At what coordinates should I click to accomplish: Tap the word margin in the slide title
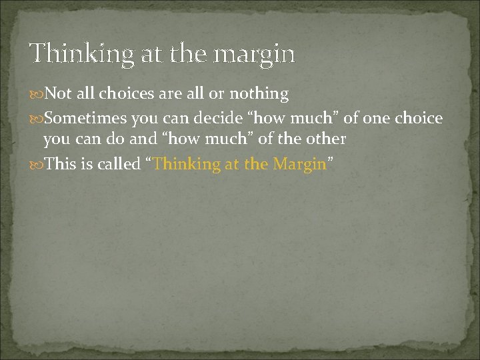tap(256, 53)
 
